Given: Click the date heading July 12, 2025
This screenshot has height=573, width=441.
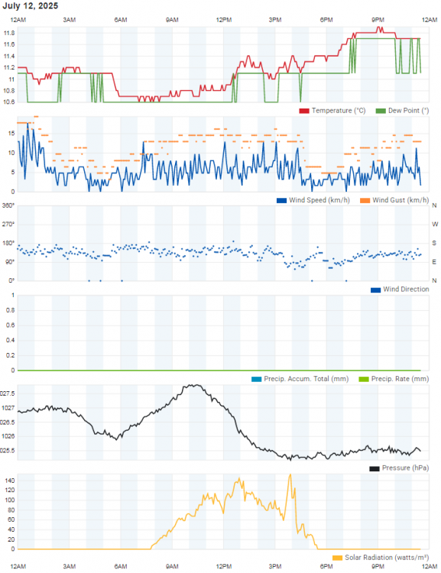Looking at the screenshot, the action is [x=30, y=6].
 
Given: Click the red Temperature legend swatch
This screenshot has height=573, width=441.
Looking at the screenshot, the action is [x=304, y=111].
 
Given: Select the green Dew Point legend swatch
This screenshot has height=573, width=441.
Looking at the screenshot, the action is [x=381, y=111].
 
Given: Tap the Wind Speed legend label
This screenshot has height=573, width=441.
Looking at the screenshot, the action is [x=319, y=200].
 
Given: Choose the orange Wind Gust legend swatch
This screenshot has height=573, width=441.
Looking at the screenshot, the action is [x=365, y=200].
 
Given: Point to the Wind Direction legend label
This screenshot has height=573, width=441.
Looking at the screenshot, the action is [x=406, y=290].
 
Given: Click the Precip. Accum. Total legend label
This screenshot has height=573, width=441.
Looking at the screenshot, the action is [x=306, y=379].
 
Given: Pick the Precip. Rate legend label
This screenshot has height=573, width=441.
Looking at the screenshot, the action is [x=400, y=379].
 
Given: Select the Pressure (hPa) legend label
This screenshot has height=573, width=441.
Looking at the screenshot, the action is [x=405, y=468].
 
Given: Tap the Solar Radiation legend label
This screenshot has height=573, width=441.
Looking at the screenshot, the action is [x=387, y=558].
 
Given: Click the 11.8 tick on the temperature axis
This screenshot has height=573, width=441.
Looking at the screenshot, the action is [x=9, y=33].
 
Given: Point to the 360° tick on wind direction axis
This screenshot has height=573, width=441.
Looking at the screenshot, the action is [x=8, y=206].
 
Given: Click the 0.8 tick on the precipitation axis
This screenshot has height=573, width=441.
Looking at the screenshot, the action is [x=11, y=310].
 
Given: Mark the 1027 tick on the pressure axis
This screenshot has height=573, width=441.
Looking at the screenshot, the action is [x=8, y=408].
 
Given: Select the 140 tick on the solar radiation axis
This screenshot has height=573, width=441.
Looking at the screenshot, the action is [x=10, y=481].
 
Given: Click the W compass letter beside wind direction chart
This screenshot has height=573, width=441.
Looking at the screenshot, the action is [x=435, y=224].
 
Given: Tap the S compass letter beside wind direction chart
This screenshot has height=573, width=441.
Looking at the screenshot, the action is [x=434, y=243].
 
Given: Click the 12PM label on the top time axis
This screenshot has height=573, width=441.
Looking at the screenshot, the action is [x=224, y=20].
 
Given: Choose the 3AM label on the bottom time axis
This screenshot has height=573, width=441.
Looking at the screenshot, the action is [x=69, y=566].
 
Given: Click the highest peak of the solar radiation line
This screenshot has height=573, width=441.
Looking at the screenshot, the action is [x=290, y=474].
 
